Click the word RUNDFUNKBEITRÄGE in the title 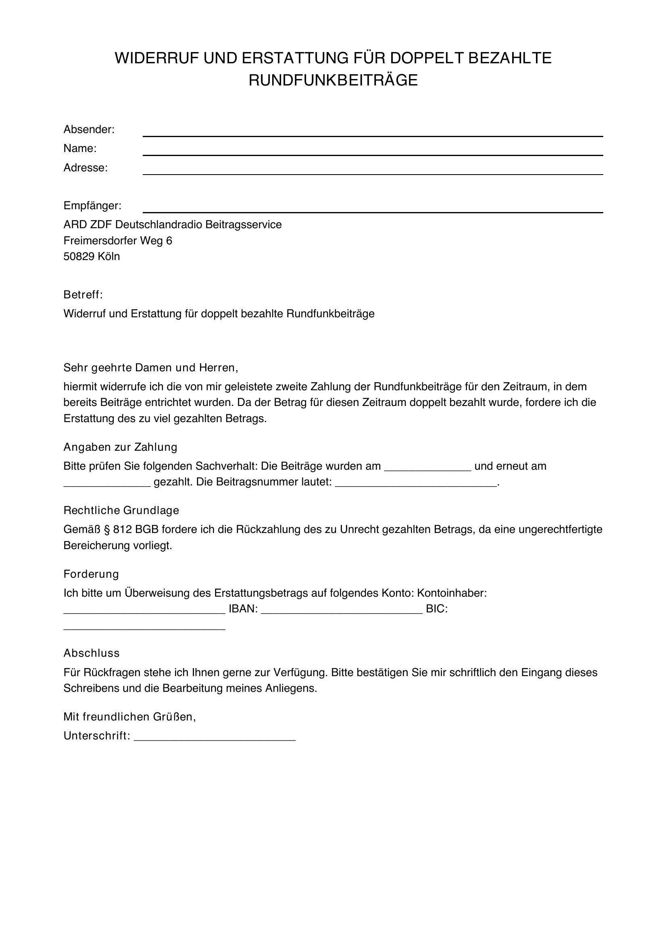pos(333,80)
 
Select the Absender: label pos(89,129)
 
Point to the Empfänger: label pos(92,205)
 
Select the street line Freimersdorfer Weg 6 pos(118,241)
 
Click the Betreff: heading pos(83,294)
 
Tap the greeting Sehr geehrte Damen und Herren pos(150,368)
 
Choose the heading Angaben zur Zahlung pos(120,447)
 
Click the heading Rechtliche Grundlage pos(121,510)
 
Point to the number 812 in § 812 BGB pos(123,529)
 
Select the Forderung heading pos(91,574)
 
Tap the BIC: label pos(437,609)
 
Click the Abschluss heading pos(92,653)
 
